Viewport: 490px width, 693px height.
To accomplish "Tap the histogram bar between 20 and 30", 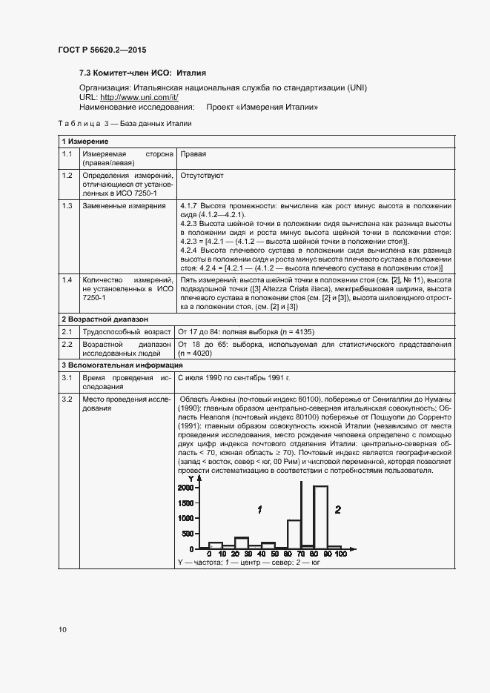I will (x=241, y=543).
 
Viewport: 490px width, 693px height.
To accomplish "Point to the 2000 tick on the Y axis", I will (x=185, y=487).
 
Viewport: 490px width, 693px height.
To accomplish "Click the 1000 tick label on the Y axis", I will (x=185, y=518).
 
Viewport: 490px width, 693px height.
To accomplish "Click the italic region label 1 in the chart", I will (x=259, y=509).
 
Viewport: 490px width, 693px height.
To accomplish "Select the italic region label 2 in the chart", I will (x=337, y=509).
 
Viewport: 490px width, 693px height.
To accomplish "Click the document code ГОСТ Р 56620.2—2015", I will (x=102, y=50).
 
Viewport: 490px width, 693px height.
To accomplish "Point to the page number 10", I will (x=62, y=630).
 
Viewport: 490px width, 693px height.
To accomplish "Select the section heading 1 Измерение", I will (x=85, y=141).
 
